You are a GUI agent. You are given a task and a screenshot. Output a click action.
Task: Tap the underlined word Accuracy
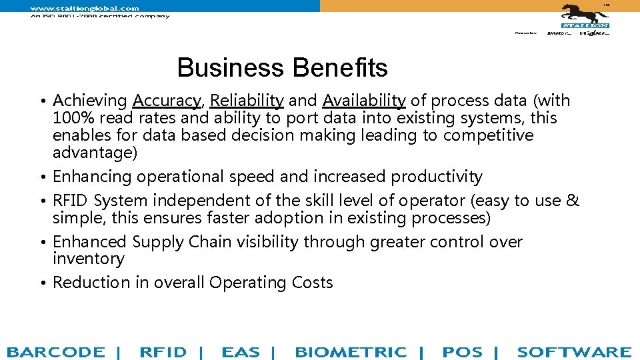click(167, 101)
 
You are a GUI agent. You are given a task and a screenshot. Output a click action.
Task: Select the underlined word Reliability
click(247, 101)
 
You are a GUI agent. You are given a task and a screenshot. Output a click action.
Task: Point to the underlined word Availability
click(364, 101)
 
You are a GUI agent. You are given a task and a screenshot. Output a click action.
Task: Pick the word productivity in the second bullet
click(436, 177)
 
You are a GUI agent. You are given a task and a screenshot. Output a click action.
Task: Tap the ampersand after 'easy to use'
click(573, 201)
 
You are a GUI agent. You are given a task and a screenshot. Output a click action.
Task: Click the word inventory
click(88, 259)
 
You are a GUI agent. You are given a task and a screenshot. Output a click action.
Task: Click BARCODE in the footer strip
click(56, 352)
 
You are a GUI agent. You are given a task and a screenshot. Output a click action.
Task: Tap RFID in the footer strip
click(163, 352)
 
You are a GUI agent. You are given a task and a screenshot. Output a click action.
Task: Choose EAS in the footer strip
click(241, 352)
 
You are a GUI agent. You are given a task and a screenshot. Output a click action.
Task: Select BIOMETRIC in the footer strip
click(351, 352)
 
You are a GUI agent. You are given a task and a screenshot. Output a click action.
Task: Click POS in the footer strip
click(462, 352)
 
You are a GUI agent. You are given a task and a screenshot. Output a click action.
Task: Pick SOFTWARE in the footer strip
click(573, 352)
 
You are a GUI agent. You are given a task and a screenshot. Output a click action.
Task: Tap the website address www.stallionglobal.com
click(85, 8)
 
